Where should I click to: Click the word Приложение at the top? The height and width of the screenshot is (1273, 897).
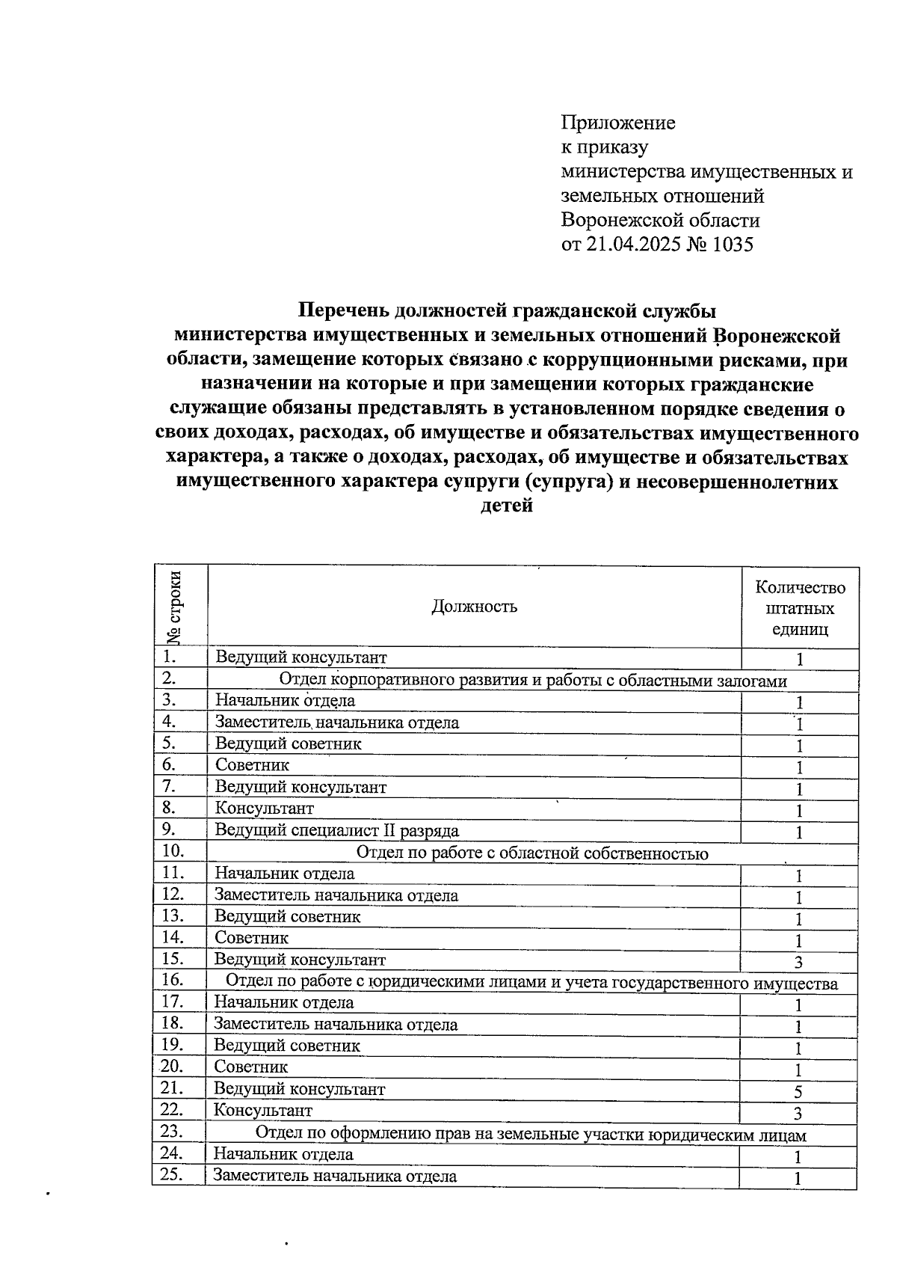coord(618,123)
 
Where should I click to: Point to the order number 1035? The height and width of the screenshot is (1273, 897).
coord(733,245)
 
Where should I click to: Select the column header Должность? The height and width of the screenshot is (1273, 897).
coord(474,607)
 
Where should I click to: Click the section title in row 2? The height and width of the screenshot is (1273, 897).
coord(532,681)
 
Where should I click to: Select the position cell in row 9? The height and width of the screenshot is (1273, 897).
coord(337,830)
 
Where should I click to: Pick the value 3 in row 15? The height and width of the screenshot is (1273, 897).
coord(798,962)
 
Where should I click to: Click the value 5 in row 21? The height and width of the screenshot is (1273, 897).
coord(798,1091)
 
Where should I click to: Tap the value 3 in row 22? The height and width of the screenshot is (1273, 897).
coord(798,1114)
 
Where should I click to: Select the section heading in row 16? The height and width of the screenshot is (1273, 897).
coord(531,983)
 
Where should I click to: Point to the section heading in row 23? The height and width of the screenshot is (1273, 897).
coord(531,1135)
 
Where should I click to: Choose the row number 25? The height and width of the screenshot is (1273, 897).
coord(173,1175)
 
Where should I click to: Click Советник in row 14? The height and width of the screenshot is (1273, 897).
coord(251,938)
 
